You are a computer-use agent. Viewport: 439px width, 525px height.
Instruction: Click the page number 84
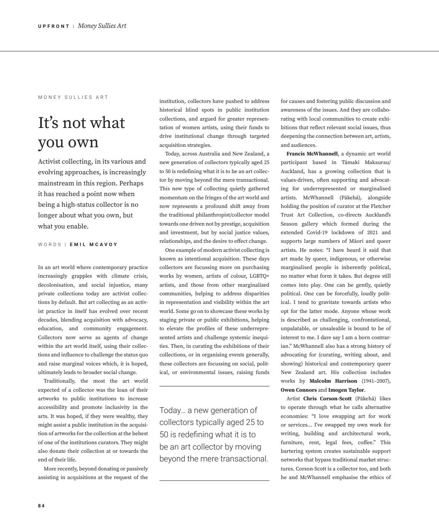41,506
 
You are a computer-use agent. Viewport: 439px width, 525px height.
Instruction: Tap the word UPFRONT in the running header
54,26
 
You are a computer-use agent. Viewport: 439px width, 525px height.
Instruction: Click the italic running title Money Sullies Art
102,26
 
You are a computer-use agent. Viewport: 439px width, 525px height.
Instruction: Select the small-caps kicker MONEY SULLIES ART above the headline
73,97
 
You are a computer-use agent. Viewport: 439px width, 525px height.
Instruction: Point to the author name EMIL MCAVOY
94,244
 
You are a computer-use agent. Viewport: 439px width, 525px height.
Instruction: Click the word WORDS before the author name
49,244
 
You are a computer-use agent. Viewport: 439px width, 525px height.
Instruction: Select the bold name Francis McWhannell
312,154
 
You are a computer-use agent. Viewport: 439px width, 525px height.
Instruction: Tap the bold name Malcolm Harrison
333,381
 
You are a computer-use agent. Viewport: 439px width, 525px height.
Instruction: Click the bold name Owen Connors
299,390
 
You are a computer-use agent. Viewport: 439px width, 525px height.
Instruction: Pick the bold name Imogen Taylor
346,390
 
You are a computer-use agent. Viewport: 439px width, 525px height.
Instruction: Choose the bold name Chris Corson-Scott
327,399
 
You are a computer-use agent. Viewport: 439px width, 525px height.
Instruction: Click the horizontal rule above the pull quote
214,386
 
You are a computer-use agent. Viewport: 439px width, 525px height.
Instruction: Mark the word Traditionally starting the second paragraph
60,381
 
